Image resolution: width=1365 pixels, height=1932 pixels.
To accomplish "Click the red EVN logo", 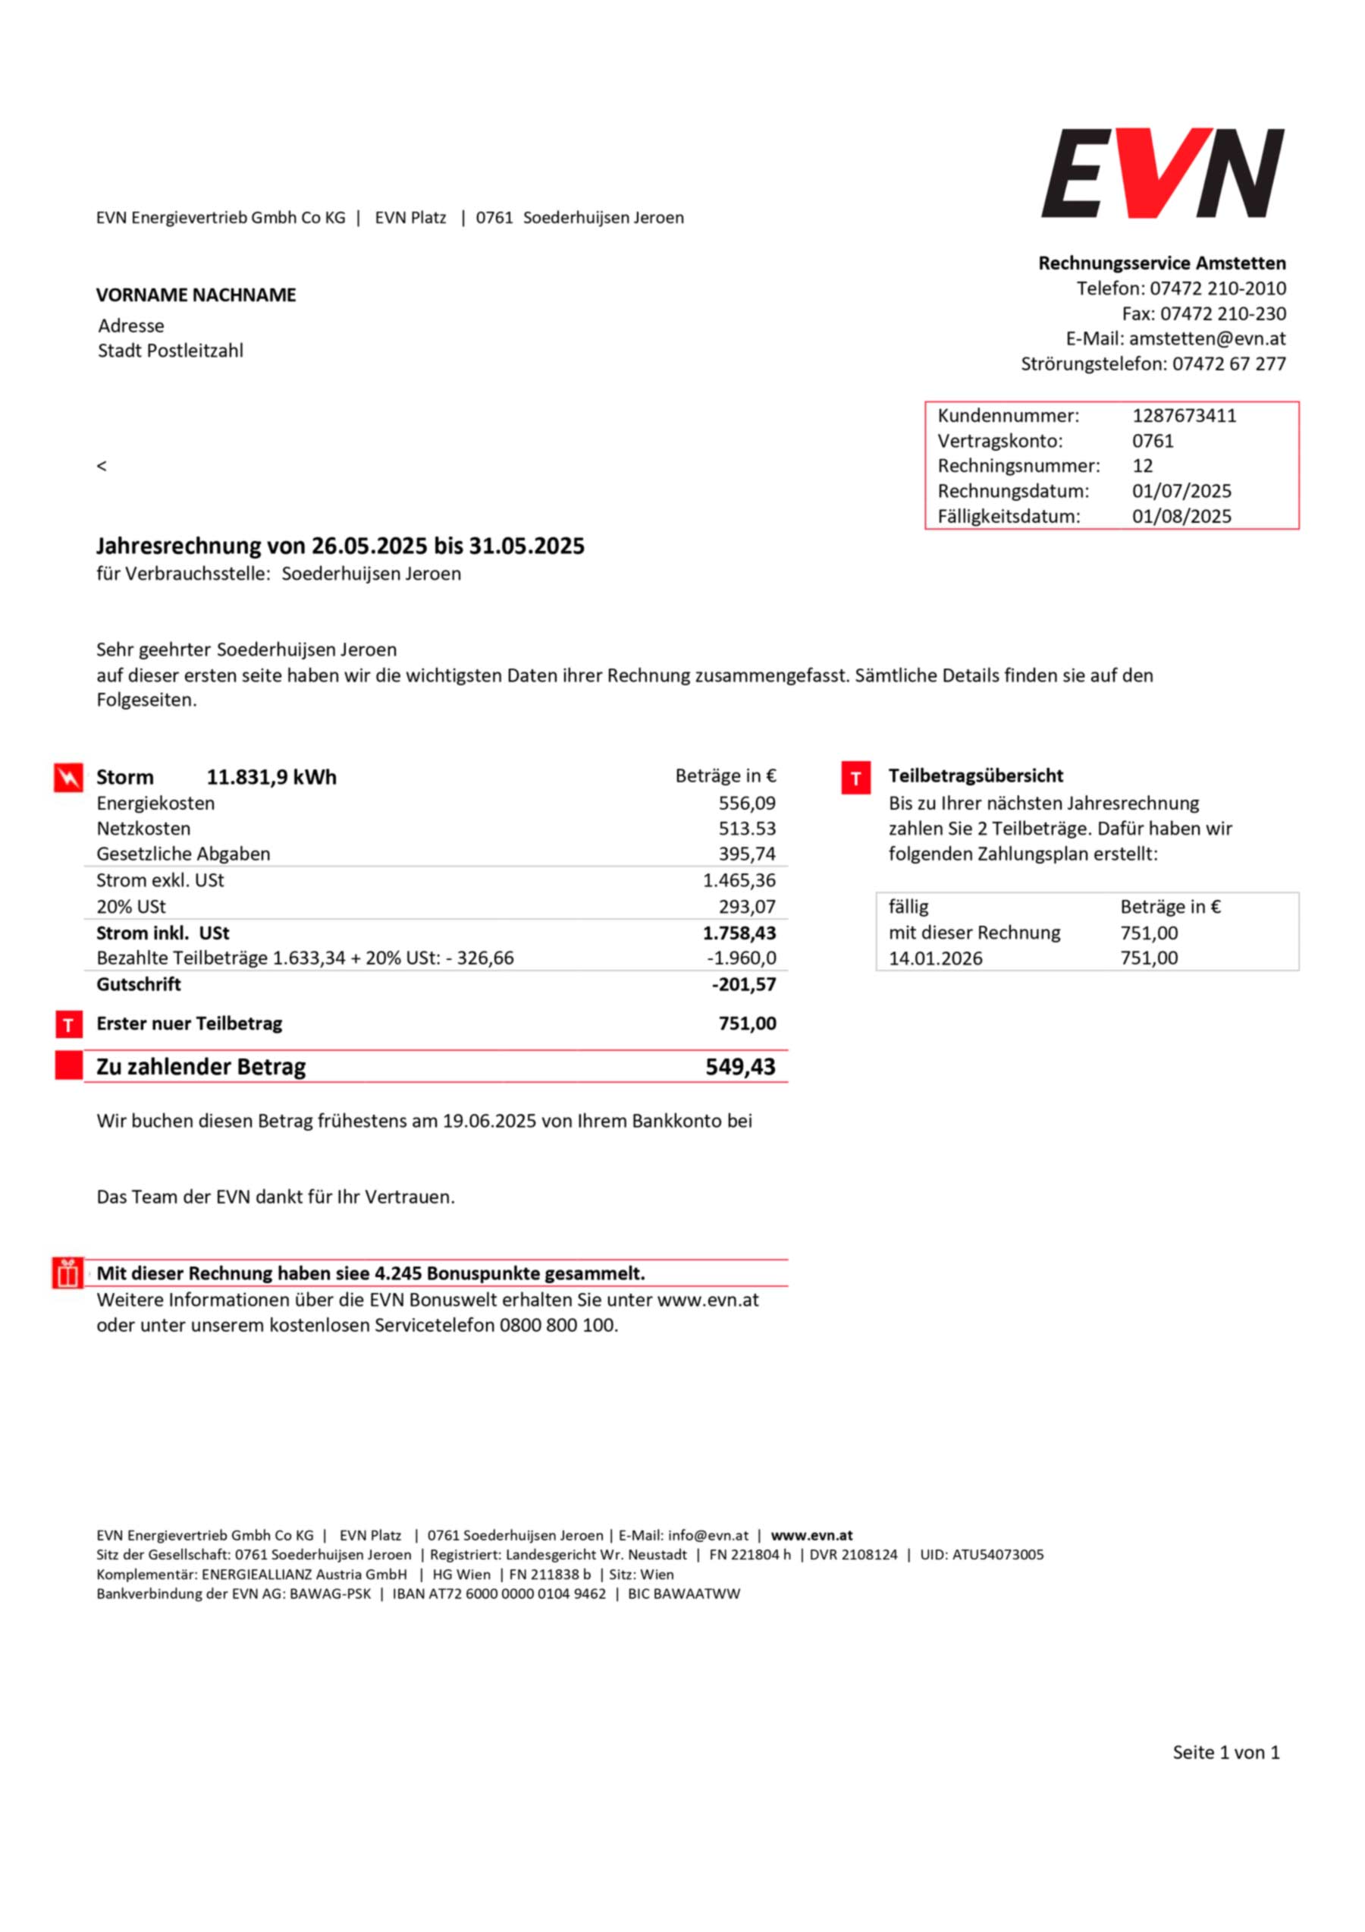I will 1163,172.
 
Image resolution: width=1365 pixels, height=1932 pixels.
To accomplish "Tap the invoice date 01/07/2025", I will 1181,492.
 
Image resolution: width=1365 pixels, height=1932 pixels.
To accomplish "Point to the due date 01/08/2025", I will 1181,517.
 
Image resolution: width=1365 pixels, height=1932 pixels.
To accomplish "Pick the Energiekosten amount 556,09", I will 747,804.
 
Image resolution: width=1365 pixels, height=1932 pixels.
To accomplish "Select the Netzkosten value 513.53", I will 747,829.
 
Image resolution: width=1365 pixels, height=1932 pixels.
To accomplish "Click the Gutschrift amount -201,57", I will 743,984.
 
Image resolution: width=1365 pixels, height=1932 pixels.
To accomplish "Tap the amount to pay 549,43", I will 740,1067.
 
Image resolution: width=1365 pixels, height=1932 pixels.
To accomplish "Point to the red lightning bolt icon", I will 68,778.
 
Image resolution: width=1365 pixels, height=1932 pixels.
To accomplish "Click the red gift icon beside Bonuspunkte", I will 67,1274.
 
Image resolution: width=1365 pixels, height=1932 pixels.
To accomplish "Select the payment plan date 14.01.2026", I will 935,958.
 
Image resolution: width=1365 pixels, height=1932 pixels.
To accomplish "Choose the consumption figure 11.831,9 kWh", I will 271,778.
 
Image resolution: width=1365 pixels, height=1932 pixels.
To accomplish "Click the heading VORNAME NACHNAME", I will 196,295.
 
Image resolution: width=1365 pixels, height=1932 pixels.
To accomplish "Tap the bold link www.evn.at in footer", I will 811,1536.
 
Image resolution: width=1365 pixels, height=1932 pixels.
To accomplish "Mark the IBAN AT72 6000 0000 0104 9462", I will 499,1594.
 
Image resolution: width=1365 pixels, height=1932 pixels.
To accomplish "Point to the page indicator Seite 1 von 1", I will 1225,1753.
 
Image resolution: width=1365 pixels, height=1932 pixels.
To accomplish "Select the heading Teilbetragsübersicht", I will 976,776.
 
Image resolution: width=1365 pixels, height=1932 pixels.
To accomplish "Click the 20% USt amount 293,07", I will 747,907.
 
